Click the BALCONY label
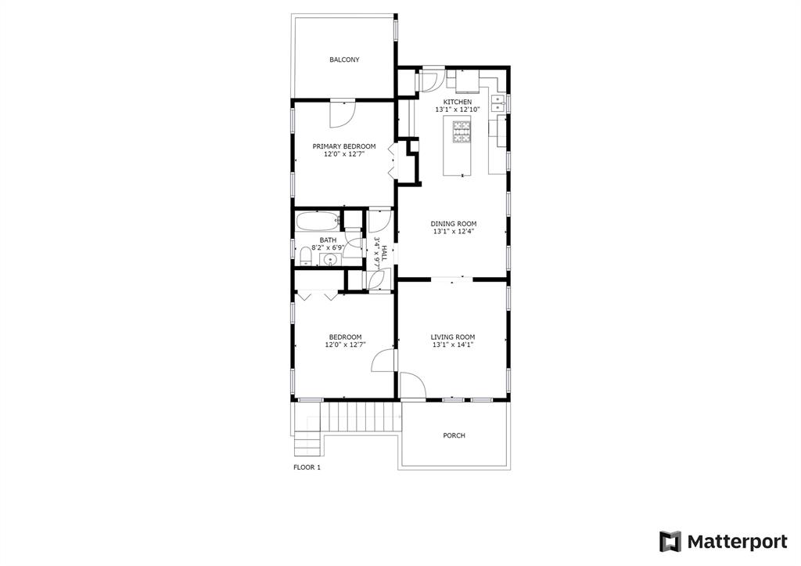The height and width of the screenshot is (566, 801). [344, 59]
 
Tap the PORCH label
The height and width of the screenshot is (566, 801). [454, 435]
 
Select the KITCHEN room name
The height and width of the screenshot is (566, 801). [457, 103]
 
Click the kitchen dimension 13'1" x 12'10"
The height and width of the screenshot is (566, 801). [457, 110]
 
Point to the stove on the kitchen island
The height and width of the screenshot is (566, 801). [462, 132]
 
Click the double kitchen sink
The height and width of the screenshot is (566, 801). [497, 103]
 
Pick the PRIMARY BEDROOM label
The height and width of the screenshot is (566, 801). [344, 146]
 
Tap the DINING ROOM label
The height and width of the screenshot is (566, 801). [454, 224]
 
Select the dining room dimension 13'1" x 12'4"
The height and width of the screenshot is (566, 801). [454, 231]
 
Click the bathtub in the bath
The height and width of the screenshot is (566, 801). [318, 222]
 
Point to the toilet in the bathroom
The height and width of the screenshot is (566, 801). [305, 256]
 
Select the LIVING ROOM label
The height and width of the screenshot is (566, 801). [453, 337]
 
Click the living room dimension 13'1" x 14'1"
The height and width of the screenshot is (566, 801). [453, 344]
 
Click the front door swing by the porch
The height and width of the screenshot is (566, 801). [412, 385]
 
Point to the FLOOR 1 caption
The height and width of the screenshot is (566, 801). [307, 467]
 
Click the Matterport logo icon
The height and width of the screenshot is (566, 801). [670, 542]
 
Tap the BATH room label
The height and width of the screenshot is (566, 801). [328, 240]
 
